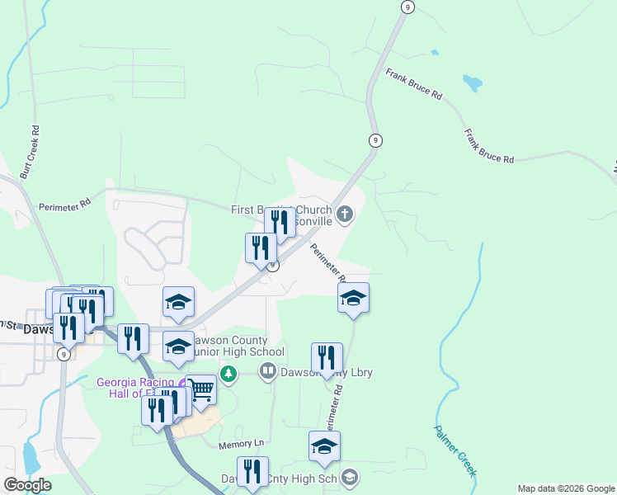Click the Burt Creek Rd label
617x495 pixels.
pos(30,153)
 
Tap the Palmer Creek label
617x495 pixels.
pos(455,450)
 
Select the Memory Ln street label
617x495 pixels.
pos(240,445)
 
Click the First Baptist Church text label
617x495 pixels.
pos(280,210)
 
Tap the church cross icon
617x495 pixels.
pos(344,215)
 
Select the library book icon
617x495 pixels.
pos(267,371)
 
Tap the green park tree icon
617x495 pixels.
pos(228,375)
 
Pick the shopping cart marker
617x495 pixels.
pos(200,389)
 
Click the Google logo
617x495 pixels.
pos(27,485)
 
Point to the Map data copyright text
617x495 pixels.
pos(565,489)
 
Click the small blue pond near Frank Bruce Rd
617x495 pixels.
pos(472,82)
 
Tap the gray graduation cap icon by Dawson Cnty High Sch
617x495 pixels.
pos(349,477)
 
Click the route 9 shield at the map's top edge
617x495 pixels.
pos(407,7)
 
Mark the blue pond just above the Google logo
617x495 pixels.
pos(31,456)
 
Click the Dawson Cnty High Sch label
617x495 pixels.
pos(280,478)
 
